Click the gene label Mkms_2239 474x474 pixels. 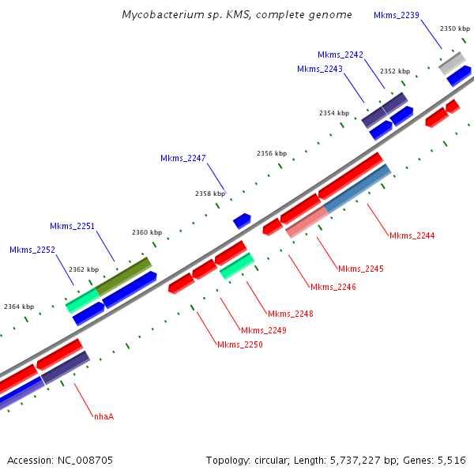(397, 15)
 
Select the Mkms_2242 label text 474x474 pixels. (340, 55)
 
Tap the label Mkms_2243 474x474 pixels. (320, 69)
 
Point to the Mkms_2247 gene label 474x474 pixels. (183, 158)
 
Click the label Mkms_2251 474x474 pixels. (73, 226)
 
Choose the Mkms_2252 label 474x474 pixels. (32, 250)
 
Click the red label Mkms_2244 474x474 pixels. (412, 235)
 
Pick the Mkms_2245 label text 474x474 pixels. (361, 269)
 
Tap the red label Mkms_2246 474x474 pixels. (333, 287)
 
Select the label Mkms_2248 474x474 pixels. (291, 314)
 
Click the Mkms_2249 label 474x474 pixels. (264, 330)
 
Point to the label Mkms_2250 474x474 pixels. (240, 344)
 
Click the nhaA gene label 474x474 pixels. (103, 416)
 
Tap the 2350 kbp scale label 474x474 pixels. (454, 28)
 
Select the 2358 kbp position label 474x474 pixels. (209, 193)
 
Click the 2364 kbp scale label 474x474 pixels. (19, 307)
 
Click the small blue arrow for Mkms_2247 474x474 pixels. (242, 220)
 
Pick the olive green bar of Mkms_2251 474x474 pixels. (123, 276)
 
